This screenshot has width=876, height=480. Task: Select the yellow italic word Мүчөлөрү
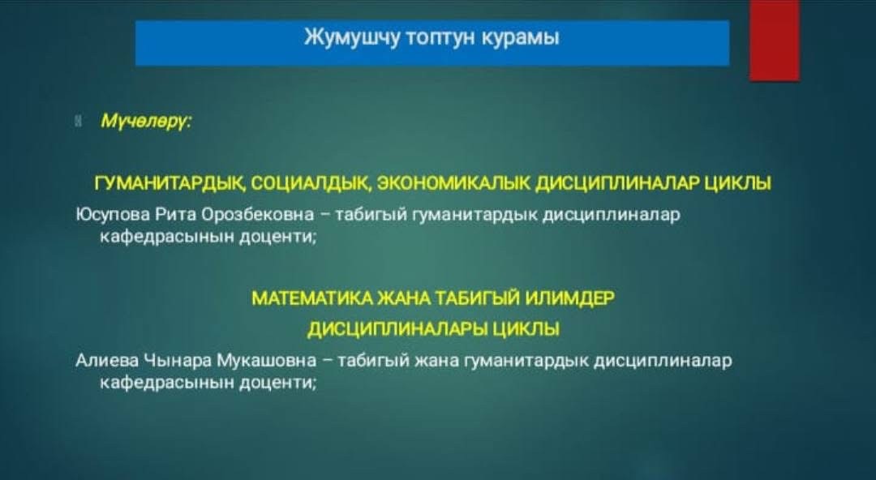click(x=145, y=121)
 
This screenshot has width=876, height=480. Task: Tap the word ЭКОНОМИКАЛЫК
click(x=453, y=183)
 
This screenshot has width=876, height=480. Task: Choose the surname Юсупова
click(x=113, y=215)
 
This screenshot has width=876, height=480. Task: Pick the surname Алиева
click(x=107, y=362)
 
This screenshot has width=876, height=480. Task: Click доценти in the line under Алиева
click(x=278, y=384)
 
